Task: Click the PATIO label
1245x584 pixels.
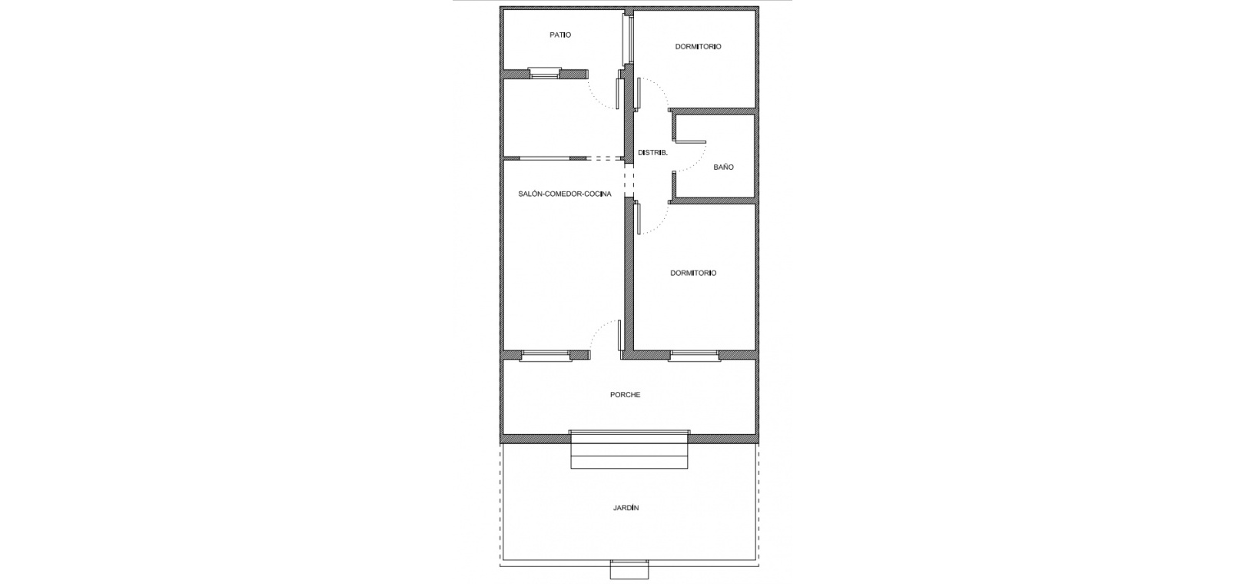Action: coord(560,35)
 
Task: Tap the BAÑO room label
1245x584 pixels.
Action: coord(723,167)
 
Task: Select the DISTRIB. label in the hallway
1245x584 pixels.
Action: coord(652,152)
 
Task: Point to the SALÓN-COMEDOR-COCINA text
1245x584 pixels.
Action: coord(565,194)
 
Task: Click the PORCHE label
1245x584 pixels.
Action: coord(626,394)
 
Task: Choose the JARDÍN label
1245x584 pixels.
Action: coord(626,508)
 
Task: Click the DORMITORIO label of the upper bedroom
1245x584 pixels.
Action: coord(698,47)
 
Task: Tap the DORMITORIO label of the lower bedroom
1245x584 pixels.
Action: coord(693,273)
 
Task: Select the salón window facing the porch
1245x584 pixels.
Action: coord(546,356)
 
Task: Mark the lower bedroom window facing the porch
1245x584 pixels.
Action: coord(694,356)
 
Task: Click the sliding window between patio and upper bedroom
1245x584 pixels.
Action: coord(628,38)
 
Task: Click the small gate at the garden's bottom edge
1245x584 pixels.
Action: coord(629,569)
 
